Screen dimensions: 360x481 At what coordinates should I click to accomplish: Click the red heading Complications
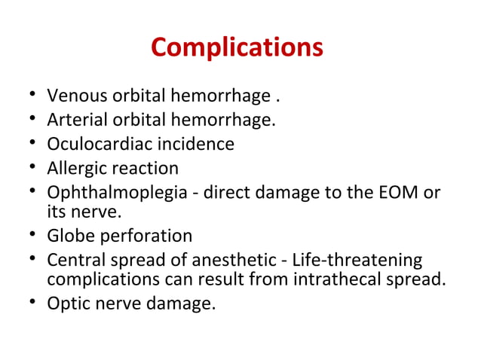[237, 47]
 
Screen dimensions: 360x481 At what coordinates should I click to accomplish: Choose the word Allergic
[75, 167]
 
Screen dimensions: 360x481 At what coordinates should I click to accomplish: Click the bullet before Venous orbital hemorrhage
[29, 97]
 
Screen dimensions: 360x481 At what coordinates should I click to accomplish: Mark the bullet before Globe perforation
[29, 236]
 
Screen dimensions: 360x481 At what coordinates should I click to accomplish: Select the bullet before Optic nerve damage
[29, 305]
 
